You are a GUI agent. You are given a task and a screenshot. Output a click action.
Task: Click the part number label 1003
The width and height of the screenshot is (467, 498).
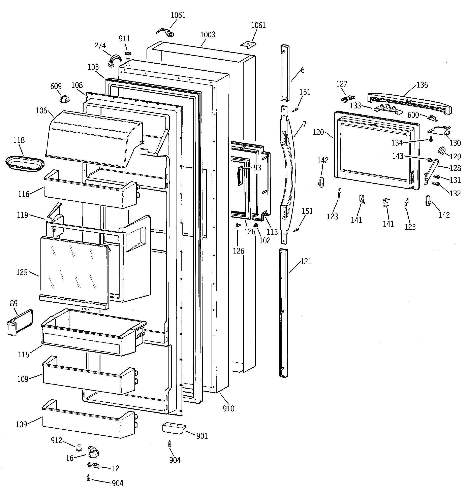pos(208,35)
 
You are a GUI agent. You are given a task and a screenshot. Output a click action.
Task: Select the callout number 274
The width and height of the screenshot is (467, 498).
pos(100,46)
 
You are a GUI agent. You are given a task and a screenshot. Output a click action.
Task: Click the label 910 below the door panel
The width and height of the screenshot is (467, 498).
pos(228,409)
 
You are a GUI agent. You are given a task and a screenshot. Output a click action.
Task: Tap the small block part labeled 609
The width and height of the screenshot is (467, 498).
pos(64,99)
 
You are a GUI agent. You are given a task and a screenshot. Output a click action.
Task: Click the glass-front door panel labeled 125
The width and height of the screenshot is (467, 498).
pos(74,272)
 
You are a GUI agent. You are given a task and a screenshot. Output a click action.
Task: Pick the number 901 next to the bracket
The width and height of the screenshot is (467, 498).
pos(202,436)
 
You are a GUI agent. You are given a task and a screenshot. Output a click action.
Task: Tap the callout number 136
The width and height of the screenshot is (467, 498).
pos(422,85)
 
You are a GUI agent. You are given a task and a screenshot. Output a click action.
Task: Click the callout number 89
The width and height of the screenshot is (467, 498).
pos(14,303)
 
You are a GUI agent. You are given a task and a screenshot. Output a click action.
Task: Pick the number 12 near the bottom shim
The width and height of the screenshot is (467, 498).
pos(115,468)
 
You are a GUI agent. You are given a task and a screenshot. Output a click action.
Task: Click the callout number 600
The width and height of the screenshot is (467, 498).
pos(413,115)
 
